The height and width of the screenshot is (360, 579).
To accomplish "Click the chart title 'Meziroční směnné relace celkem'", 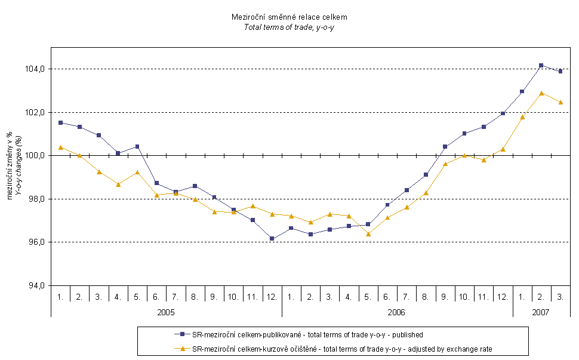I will [289, 17].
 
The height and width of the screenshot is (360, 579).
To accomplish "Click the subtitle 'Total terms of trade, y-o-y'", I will [289, 27].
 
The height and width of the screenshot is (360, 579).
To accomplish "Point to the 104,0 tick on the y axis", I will [35, 69].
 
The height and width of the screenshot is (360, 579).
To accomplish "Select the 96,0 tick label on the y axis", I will [35, 242].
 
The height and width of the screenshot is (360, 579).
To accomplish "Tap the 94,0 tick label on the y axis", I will [35, 285].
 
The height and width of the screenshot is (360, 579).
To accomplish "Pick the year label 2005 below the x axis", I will [166, 312].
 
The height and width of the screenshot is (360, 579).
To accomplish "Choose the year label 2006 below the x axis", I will [397, 312].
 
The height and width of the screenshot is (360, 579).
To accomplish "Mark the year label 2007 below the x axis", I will [541, 312].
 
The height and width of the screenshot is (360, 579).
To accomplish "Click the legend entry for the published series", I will [307, 334].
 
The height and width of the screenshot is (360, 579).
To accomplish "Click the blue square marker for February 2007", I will [541, 65].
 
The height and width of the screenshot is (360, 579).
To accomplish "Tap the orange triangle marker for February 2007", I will [541, 93].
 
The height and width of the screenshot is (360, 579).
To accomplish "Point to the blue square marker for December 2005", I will [272, 238].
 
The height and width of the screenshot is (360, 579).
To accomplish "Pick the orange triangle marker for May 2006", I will [368, 233].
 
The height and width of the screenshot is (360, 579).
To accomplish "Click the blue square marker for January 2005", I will [60, 122].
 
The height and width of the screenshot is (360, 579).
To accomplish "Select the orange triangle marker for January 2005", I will [60, 147].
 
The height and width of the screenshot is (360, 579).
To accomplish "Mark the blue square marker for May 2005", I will [137, 146].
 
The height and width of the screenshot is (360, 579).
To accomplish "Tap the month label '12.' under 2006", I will [503, 296].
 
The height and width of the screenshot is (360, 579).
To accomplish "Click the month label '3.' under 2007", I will [560, 296].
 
